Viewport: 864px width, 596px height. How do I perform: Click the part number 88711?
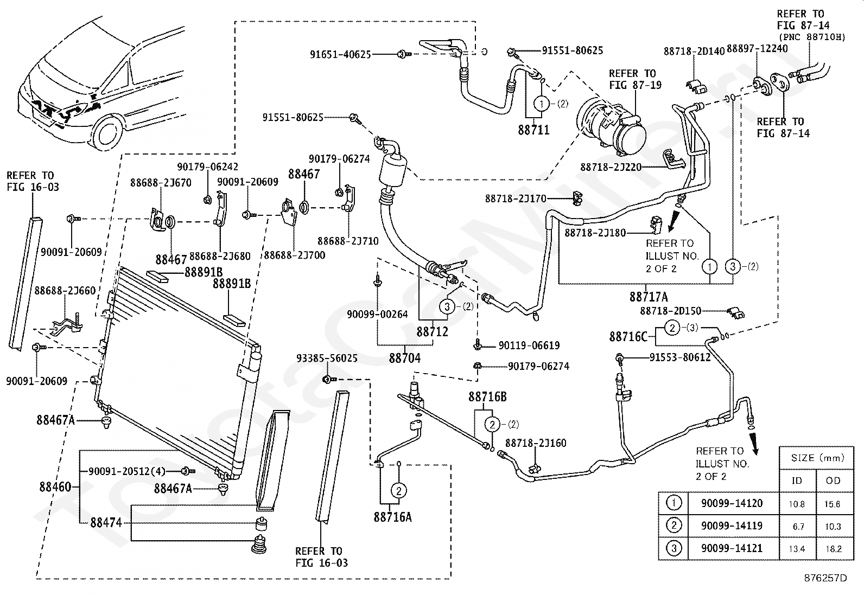pyautogui.click(x=533, y=130)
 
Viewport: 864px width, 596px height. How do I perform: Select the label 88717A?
pyautogui.click(x=649, y=297)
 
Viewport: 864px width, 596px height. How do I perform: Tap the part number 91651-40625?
pyautogui.click(x=340, y=55)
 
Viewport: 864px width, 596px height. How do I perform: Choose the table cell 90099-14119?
pyautogui.click(x=732, y=526)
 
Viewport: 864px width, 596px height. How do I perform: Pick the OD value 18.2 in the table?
pyautogui.click(x=834, y=549)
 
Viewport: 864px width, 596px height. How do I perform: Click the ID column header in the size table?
pyautogui.click(x=797, y=480)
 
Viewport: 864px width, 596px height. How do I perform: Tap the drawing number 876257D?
pyautogui.click(x=825, y=578)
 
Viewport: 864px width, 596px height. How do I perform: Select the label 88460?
pyautogui.click(x=55, y=487)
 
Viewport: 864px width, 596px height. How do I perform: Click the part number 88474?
pyautogui.click(x=106, y=523)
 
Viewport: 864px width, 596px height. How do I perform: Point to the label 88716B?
pyautogui.click(x=487, y=396)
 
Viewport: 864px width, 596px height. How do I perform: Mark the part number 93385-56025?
pyautogui.click(x=327, y=358)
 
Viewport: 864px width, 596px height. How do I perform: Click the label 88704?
pyautogui.click(x=405, y=358)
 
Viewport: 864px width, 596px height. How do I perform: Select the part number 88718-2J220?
pyautogui.click(x=611, y=168)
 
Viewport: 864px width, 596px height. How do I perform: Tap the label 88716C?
pyautogui.click(x=628, y=337)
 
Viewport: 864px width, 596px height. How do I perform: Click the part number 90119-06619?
pyautogui.click(x=529, y=345)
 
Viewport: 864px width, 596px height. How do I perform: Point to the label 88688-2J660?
pyautogui.click(x=65, y=291)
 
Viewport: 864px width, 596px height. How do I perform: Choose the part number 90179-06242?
pyautogui.click(x=207, y=167)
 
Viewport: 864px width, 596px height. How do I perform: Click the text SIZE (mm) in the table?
pyautogui.click(x=817, y=458)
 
